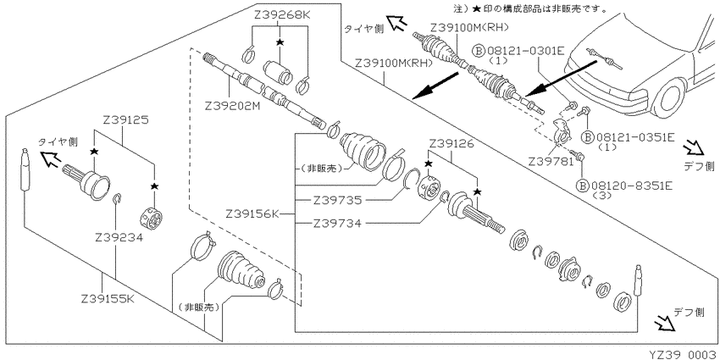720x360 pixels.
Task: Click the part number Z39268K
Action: [282, 15]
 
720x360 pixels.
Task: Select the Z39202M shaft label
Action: [233, 106]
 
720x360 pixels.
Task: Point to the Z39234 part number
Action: [119, 238]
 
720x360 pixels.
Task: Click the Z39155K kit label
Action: [108, 299]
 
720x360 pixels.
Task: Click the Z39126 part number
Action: [452, 144]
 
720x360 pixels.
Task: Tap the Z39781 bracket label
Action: [552, 162]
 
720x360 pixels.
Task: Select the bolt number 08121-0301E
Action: [525, 50]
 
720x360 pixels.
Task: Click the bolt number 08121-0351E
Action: [635, 137]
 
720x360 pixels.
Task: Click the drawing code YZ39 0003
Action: [684, 354]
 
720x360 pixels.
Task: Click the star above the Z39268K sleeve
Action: [280, 42]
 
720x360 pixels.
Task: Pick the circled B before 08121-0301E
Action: [479, 51]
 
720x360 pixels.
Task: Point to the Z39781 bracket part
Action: [562, 130]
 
